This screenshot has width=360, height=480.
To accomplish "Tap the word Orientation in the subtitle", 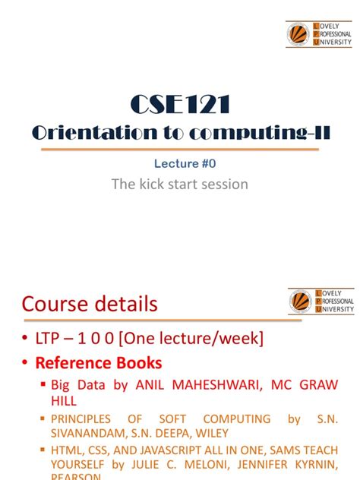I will tap(84, 133).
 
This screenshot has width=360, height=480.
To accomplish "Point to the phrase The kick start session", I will tap(179, 184).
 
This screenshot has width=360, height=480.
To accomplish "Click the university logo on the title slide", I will tap(319, 34).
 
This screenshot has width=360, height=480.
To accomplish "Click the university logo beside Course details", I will tap(321, 301).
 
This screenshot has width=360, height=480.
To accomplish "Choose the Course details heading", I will tap(90, 305).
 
